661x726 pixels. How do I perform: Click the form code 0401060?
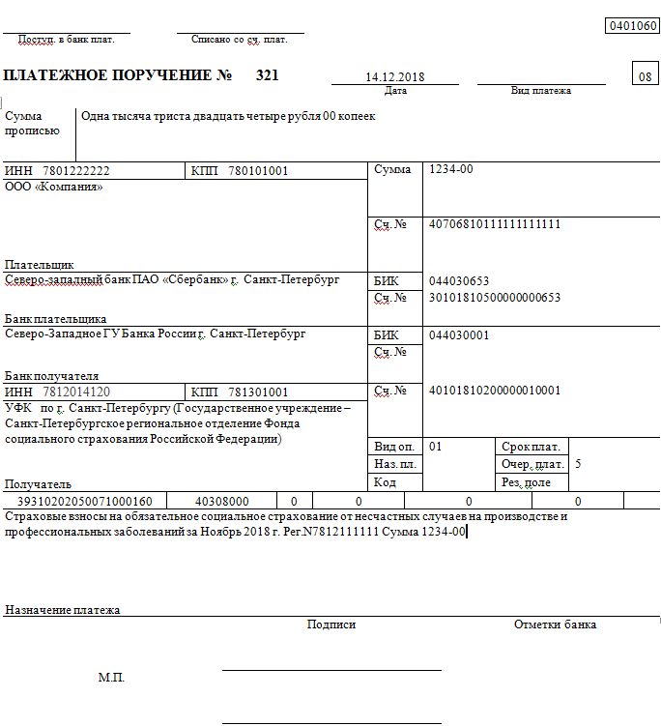[x=631, y=26]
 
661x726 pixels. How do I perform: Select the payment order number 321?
[x=267, y=75]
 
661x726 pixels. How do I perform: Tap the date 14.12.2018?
[x=395, y=77]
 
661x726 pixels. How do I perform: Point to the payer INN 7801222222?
[x=76, y=171]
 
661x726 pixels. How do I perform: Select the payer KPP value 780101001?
[x=258, y=171]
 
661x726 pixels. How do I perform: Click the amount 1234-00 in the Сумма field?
[x=450, y=170]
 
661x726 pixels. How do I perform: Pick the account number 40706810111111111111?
[x=495, y=224]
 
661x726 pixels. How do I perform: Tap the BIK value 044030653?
[x=459, y=281]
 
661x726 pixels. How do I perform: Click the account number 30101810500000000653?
[x=495, y=298]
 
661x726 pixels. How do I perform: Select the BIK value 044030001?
[x=459, y=334]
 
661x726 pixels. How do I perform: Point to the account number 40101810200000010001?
[x=495, y=391]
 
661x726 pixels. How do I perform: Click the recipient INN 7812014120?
[x=76, y=392]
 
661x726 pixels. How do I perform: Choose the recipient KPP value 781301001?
[x=258, y=392]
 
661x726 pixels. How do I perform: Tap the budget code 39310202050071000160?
[x=85, y=502]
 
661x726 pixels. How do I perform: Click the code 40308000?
[x=222, y=502]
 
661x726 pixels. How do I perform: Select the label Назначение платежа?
[x=63, y=610]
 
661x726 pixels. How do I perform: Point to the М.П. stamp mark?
[x=111, y=678]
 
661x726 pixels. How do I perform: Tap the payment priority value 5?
[x=578, y=464]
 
